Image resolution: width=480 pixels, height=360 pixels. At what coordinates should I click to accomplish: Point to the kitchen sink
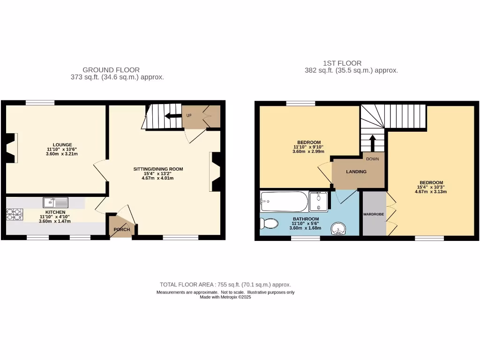click(55, 202)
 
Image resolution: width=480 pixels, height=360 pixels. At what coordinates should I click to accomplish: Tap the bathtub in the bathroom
click(284, 202)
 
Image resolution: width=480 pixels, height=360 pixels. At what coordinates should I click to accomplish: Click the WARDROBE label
click(374, 214)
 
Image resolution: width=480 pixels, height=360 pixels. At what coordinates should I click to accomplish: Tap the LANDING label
click(356, 172)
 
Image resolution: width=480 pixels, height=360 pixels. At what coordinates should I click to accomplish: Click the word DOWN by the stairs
click(373, 159)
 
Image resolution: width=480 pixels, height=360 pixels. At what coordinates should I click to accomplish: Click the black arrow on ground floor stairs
click(173, 116)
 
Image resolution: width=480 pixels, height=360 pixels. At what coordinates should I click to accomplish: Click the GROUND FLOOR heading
click(111, 70)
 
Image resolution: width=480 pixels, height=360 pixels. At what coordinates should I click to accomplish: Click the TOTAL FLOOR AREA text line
click(225, 285)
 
